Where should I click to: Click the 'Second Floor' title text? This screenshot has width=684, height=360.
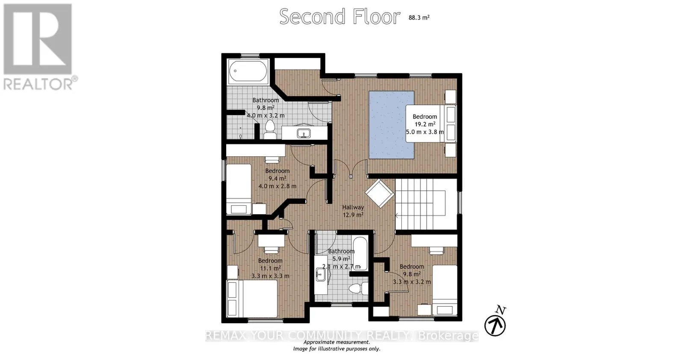[x=339, y=17]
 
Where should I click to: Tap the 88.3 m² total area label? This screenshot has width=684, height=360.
[x=419, y=18]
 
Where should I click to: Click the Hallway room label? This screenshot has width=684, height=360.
[x=353, y=207]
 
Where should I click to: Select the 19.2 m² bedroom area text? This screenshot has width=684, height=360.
[x=425, y=124]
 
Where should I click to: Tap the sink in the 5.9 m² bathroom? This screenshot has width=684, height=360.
[x=320, y=274]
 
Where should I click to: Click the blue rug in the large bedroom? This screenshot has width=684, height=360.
[x=392, y=125]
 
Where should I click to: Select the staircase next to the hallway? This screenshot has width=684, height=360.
[x=426, y=204]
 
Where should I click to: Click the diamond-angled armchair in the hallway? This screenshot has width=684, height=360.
[x=380, y=193]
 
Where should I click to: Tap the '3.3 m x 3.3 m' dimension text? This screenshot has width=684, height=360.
[x=270, y=276]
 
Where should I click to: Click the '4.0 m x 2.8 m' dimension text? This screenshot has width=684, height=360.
[x=277, y=186]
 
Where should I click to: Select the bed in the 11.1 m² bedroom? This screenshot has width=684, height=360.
[x=252, y=298]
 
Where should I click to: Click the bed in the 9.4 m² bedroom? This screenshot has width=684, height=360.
[x=239, y=189]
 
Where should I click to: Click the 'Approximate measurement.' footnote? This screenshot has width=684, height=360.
[x=337, y=342]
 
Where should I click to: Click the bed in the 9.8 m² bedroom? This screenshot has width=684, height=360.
[x=445, y=290]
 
